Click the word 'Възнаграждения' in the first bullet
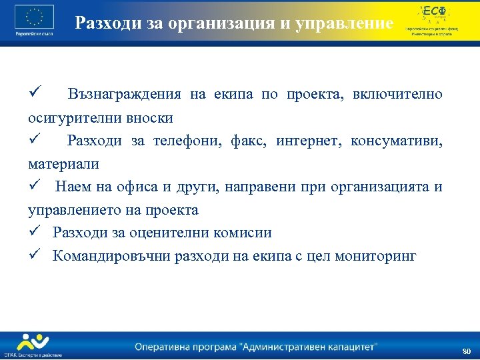click(x=125, y=94)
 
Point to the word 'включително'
click(x=397, y=94)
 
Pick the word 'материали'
click(x=63, y=164)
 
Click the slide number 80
click(x=466, y=351)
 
